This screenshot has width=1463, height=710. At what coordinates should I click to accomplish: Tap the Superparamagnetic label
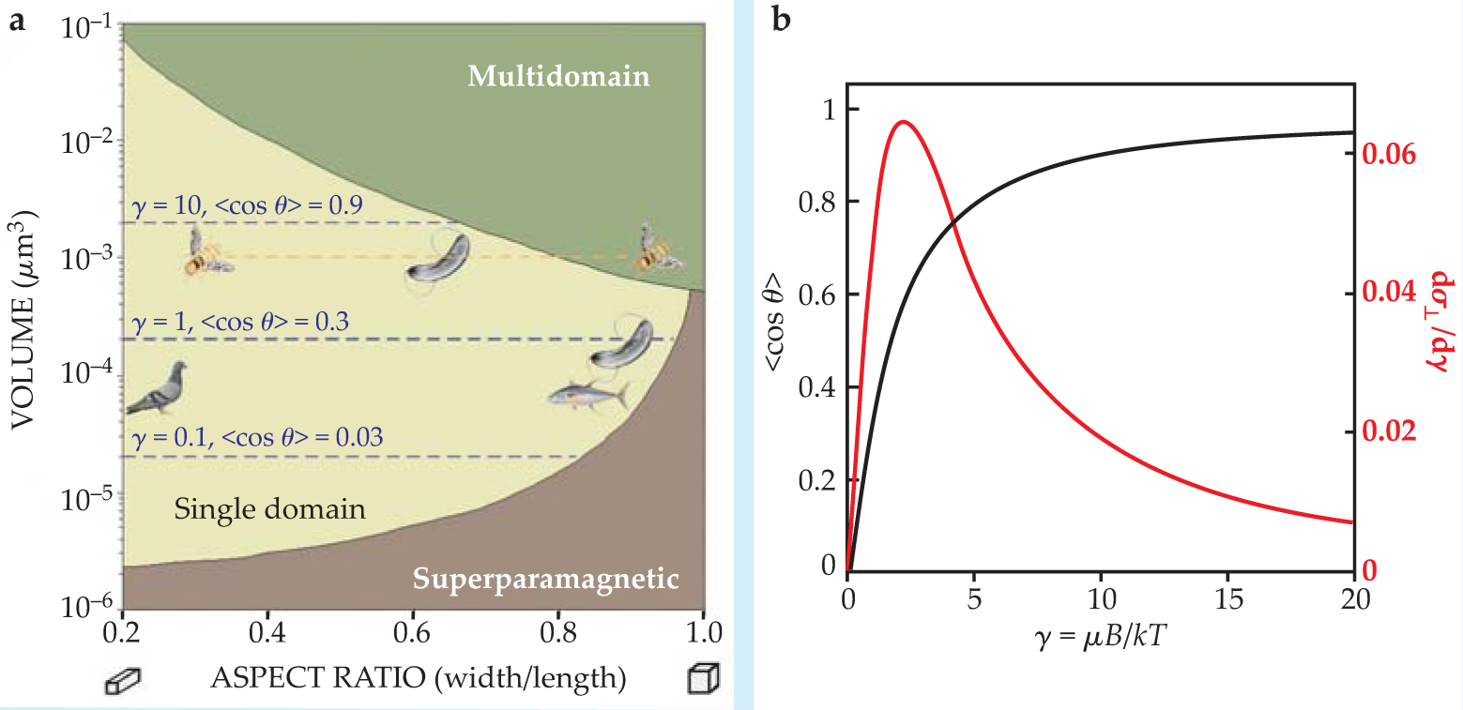tap(544, 579)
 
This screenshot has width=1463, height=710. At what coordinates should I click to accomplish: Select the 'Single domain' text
tap(268, 509)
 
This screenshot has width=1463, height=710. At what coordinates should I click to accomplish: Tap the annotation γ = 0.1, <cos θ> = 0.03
tap(254, 436)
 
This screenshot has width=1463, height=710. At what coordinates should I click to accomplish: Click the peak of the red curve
tap(903, 122)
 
